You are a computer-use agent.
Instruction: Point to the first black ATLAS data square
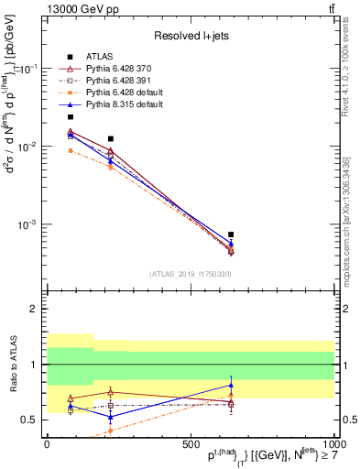pyautogui.click(x=71, y=117)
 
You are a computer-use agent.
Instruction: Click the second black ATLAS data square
pyautogui.click(x=111, y=139)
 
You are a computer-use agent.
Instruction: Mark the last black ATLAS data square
pyautogui.click(x=231, y=234)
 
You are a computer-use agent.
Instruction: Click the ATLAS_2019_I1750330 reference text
pyautogui.click(x=190, y=273)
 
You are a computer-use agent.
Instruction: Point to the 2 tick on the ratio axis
pyautogui.click(x=36, y=309)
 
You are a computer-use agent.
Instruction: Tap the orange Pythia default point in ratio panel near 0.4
pyautogui.click(x=111, y=430)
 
